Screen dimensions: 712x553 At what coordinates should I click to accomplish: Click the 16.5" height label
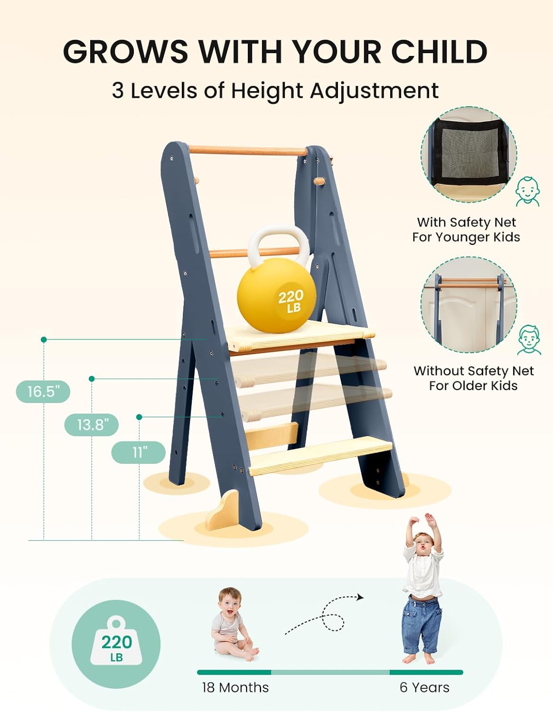coord(43,392)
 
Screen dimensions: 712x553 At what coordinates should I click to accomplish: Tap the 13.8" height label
coord(91,424)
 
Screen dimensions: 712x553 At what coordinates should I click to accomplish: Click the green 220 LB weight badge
coord(116,644)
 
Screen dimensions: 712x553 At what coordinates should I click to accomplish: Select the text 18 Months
coord(235,687)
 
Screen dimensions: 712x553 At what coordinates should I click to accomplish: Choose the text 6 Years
coord(424,687)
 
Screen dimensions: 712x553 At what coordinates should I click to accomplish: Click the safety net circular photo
coord(469,155)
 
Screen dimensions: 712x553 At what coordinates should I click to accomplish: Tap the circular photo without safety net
coord(469,304)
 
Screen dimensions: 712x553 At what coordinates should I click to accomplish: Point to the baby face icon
coord(527,191)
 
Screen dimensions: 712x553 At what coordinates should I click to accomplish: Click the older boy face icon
coord(529,339)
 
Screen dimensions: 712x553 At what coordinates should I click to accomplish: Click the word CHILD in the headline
coord(439,51)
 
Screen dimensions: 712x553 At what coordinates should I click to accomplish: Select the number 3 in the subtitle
coord(118,91)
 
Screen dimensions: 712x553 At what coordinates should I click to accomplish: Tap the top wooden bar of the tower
coord(248,151)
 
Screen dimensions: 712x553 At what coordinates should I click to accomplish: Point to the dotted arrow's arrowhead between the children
coord(360,597)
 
